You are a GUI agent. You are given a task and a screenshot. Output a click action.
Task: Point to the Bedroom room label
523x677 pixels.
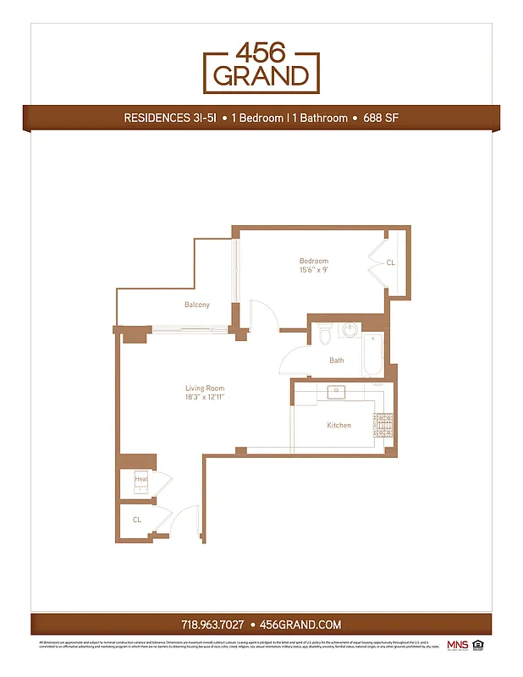click(x=313, y=261)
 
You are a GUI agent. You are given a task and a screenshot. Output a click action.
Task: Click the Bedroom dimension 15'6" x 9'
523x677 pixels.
click(x=313, y=271)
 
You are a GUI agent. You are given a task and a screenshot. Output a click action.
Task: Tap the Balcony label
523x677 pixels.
click(x=196, y=305)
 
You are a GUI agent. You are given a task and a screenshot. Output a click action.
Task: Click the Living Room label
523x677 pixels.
click(x=205, y=388)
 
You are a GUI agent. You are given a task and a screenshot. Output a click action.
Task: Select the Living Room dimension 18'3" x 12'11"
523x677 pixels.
click(x=205, y=397)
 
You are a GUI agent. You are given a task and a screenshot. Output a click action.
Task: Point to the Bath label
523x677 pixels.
click(x=337, y=361)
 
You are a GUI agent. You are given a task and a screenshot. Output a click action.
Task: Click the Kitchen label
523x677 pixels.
click(x=339, y=425)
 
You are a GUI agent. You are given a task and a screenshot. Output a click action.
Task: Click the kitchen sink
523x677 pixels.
click(x=338, y=391)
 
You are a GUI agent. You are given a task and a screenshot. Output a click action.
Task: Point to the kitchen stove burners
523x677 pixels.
click(x=384, y=424)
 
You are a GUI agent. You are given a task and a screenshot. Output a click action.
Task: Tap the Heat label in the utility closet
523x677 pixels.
click(x=140, y=480)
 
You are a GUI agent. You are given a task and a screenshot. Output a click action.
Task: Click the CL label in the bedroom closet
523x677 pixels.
click(x=390, y=263)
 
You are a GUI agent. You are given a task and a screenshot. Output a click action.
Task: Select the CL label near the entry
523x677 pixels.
click(x=137, y=520)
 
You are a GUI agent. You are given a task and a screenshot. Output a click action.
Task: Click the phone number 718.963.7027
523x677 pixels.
click(x=212, y=625)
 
